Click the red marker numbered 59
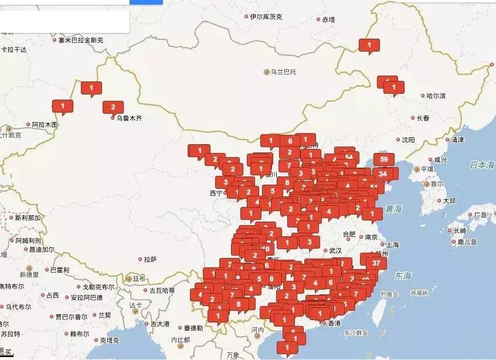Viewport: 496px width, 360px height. (385, 159)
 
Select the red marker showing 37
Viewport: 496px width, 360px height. (376, 263)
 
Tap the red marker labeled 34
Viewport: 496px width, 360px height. (383, 174)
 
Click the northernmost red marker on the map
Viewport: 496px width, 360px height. (369, 45)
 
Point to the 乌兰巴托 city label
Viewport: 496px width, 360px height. (283, 72)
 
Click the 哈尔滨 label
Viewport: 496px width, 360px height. (436, 96)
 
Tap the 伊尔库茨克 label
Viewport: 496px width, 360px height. (266, 16)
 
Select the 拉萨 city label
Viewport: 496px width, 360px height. (150, 259)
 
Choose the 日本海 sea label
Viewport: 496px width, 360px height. (482, 165)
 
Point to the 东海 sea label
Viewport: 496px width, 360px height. (403, 275)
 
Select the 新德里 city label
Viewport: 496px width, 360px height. (29, 274)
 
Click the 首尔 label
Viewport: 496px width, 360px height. (436, 184)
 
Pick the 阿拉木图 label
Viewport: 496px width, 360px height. (45, 124)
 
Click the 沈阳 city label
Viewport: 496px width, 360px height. (407, 140)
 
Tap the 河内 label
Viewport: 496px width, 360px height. (258, 330)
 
